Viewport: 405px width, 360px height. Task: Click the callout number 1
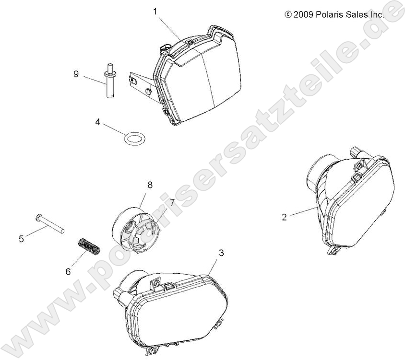pos(155,12)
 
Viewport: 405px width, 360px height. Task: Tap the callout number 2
pos(285,217)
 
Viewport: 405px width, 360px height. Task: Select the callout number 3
pos(221,253)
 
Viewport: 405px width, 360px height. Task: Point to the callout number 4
pos(97,122)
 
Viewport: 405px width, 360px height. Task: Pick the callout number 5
pos(21,239)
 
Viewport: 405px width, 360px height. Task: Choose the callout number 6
pos(68,271)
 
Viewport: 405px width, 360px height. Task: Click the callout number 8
pos(150,185)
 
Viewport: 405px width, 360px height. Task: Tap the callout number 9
pos(76,74)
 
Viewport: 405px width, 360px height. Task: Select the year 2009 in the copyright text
pos(304,15)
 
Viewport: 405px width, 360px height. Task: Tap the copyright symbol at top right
pos(288,14)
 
